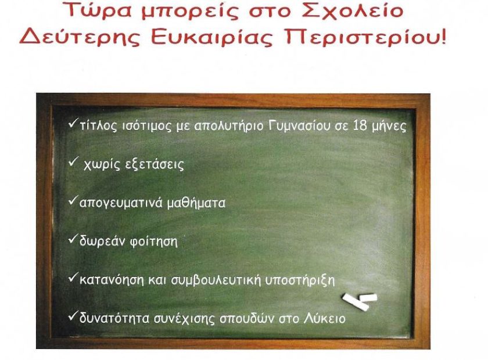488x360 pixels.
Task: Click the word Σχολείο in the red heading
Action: (353, 10)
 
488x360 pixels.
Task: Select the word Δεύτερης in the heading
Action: (81, 38)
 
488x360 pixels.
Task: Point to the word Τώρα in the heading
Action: (98, 10)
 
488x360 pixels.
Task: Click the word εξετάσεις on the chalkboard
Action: (154, 165)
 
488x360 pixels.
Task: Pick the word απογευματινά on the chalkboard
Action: (121, 203)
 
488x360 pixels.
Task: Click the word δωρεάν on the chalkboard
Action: (102, 242)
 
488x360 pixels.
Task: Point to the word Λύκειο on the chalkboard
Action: (324, 318)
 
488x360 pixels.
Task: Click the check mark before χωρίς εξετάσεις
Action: (73, 162)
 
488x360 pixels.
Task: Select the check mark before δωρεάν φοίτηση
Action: (73, 239)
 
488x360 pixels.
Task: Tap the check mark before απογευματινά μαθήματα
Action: (73, 201)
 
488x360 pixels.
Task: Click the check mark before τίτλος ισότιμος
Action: (73, 124)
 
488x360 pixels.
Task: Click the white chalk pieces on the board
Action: (360, 301)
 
